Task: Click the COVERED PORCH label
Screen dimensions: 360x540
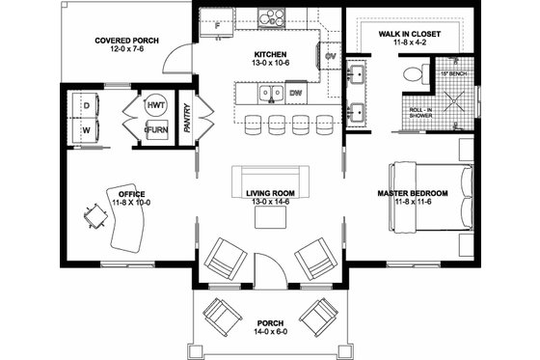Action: coord(126,41)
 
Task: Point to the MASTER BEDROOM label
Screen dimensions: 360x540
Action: coord(409,193)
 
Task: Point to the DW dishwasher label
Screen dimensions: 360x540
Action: coord(296,94)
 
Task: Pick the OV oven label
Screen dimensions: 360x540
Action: coord(331,56)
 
